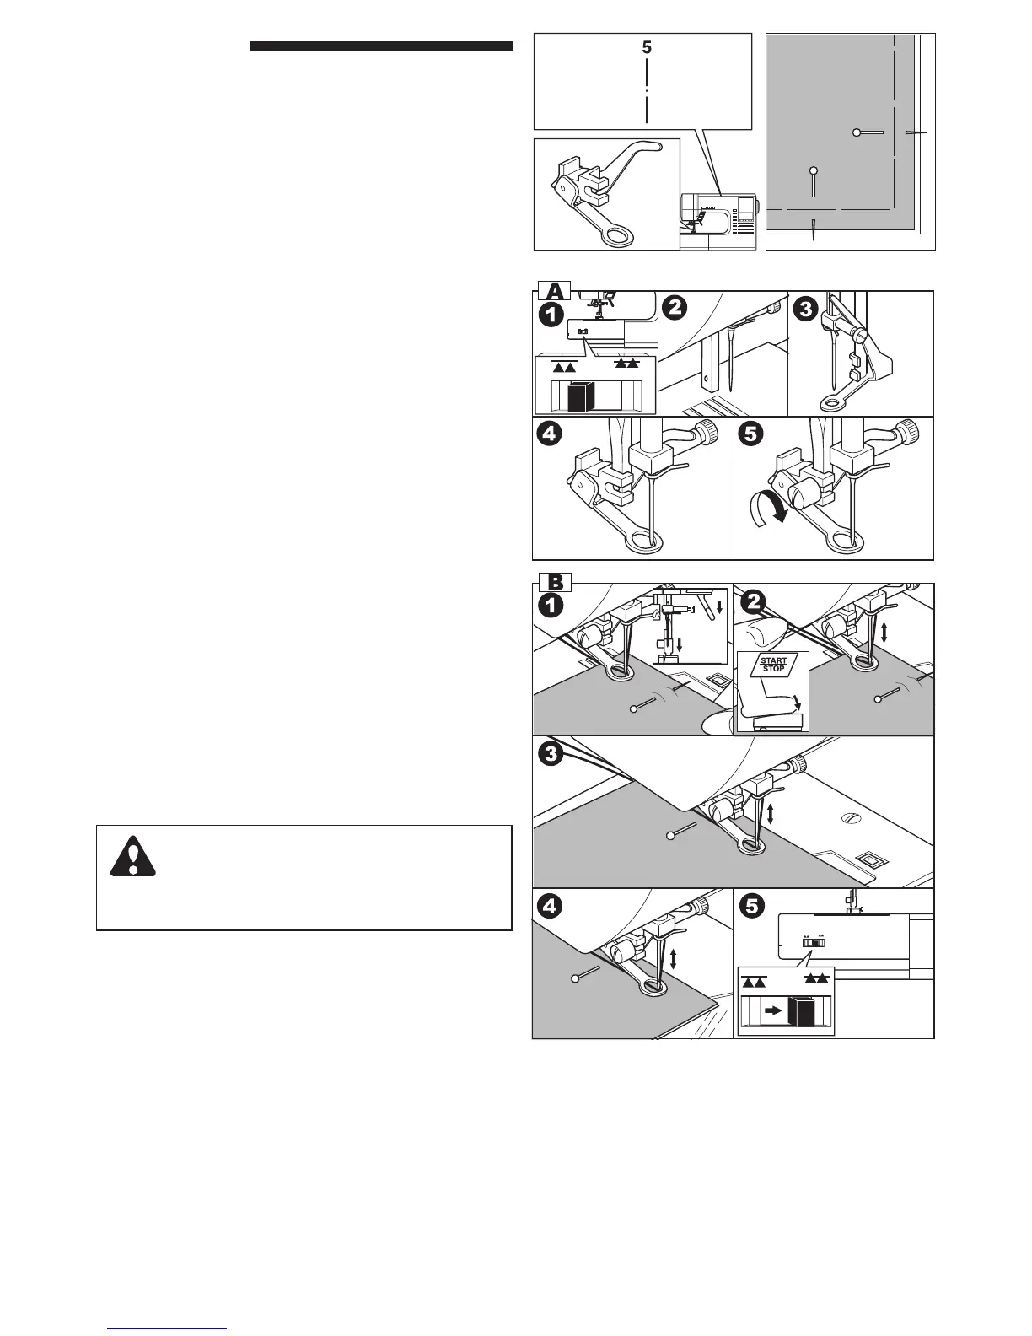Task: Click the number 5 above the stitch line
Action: click(647, 49)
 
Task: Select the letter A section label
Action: click(552, 291)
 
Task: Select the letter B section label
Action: click(553, 582)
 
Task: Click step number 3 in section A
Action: click(806, 310)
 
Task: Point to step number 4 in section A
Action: click(552, 435)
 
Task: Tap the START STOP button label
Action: click(773, 665)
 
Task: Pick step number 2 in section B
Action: click(753, 602)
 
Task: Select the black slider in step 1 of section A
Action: click(581, 396)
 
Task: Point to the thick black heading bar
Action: click(381, 46)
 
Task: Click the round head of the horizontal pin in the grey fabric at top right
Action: click(856, 132)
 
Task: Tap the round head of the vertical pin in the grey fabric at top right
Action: click(813, 170)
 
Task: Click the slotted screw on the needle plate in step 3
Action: click(850, 818)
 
